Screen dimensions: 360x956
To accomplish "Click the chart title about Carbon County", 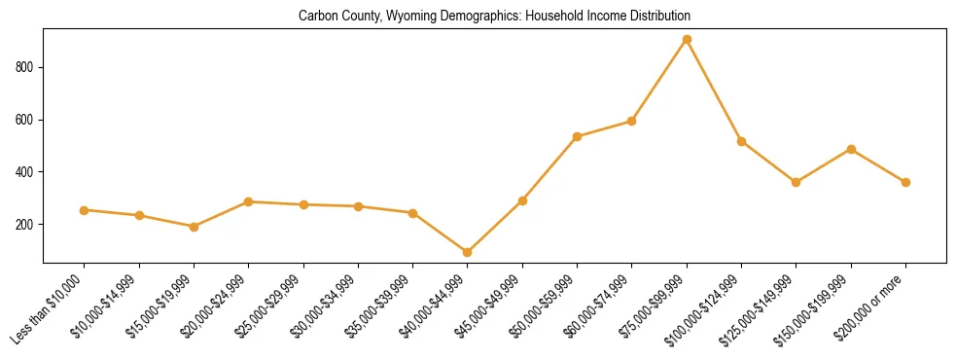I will (x=494, y=17).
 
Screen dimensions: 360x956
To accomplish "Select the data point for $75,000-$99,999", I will (x=687, y=40).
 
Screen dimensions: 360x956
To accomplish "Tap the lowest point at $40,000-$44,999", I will (x=468, y=252).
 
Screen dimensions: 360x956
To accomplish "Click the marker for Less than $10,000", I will (x=85, y=210).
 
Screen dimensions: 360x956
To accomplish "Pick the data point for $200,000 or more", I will (x=905, y=182).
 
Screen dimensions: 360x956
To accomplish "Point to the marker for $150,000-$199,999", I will (x=851, y=149).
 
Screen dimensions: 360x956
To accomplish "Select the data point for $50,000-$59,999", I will (x=578, y=136).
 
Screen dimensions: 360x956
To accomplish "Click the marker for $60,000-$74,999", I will (x=632, y=122).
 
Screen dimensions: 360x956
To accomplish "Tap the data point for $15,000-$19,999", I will (x=195, y=227).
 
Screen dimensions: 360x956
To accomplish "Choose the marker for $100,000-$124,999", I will (x=742, y=141).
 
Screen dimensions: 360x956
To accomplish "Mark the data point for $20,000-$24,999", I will (x=249, y=201).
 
